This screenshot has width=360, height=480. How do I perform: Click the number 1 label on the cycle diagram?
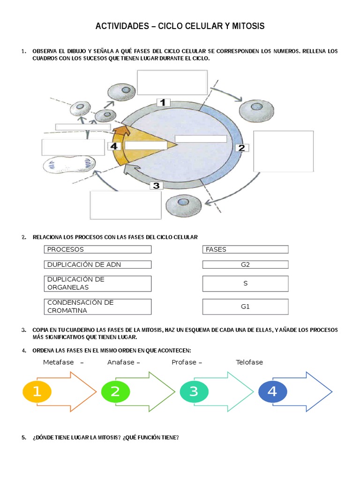tap(163, 102)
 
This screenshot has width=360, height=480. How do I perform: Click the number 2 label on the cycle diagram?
tap(241, 148)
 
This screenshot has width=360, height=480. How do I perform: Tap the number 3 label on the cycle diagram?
tap(156, 186)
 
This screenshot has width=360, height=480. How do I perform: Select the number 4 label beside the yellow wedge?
tap(114, 146)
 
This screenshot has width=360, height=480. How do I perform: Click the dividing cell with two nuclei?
tap(69, 165)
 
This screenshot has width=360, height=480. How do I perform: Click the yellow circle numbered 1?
tap(37, 392)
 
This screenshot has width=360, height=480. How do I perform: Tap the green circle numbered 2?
tap(115, 392)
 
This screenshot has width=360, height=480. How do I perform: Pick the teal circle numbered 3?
tap(194, 392)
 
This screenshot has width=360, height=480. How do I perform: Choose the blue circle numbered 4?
tap(272, 392)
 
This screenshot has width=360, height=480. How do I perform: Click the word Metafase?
tap(59, 362)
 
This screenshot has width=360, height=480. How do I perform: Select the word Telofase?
tap(249, 362)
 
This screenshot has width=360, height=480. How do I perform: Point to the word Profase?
tap(184, 362)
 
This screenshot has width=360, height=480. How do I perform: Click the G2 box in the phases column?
tap(245, 264)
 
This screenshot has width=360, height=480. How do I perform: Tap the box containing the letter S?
tap(245, 284)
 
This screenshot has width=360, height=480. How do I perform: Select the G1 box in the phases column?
tap(245, 307)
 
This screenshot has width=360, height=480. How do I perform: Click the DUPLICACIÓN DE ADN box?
tap(97, 264)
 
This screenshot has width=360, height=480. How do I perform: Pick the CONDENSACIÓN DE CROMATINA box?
tap(97, 307)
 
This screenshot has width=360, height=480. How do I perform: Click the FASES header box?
tap(245, 249)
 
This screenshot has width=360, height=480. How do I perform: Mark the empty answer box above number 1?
tap(172, 82)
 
